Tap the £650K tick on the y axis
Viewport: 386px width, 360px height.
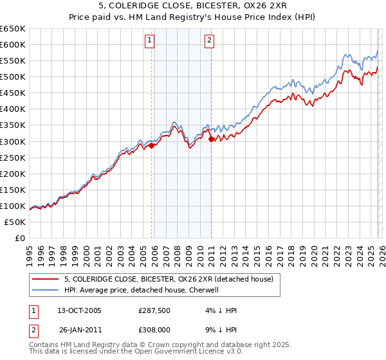13,29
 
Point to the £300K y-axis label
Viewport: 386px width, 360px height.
13,141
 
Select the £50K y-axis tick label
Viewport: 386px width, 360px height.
15,222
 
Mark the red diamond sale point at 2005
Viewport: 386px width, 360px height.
152,145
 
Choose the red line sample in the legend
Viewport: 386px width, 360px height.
46,279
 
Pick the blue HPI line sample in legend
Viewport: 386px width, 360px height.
46,290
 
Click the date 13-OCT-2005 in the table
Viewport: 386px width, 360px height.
79,310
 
